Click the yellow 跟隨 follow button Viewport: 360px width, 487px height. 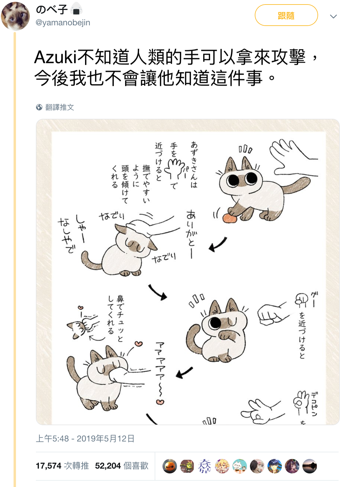pyautogui.click(x=286, y=15)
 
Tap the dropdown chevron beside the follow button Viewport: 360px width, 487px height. pyautogui.click(x=333, y=17)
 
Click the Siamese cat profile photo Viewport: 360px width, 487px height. pyautogui.click(x=15, y=16)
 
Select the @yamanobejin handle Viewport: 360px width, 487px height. pyautogui.click(x=63, y=22)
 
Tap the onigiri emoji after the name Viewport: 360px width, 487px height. pyautogui.click(x=76, y=8)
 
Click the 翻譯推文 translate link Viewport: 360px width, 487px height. pyautogui.click(x=59, y=107)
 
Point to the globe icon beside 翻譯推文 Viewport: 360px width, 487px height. pyautogui.click(x=39, y=107)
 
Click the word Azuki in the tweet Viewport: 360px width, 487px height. pyautogui.click(x=55, y=58)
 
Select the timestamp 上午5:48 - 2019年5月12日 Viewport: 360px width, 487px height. pyautogui.click(x=85, y=438)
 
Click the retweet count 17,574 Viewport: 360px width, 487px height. pyautogui.click(x=49, y=466)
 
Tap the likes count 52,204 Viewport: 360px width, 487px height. pyautogui.click(x=108, y=466)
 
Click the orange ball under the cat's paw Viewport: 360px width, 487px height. pyautogui.click(x=230, y=218)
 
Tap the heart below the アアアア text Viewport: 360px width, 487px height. pyautogui.click(x=160, y=402)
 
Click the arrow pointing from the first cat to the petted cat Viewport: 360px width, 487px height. pyautogui.click(x=217, y=244)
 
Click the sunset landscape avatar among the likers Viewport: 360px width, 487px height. pyautogui.click(x=310, y=466)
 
